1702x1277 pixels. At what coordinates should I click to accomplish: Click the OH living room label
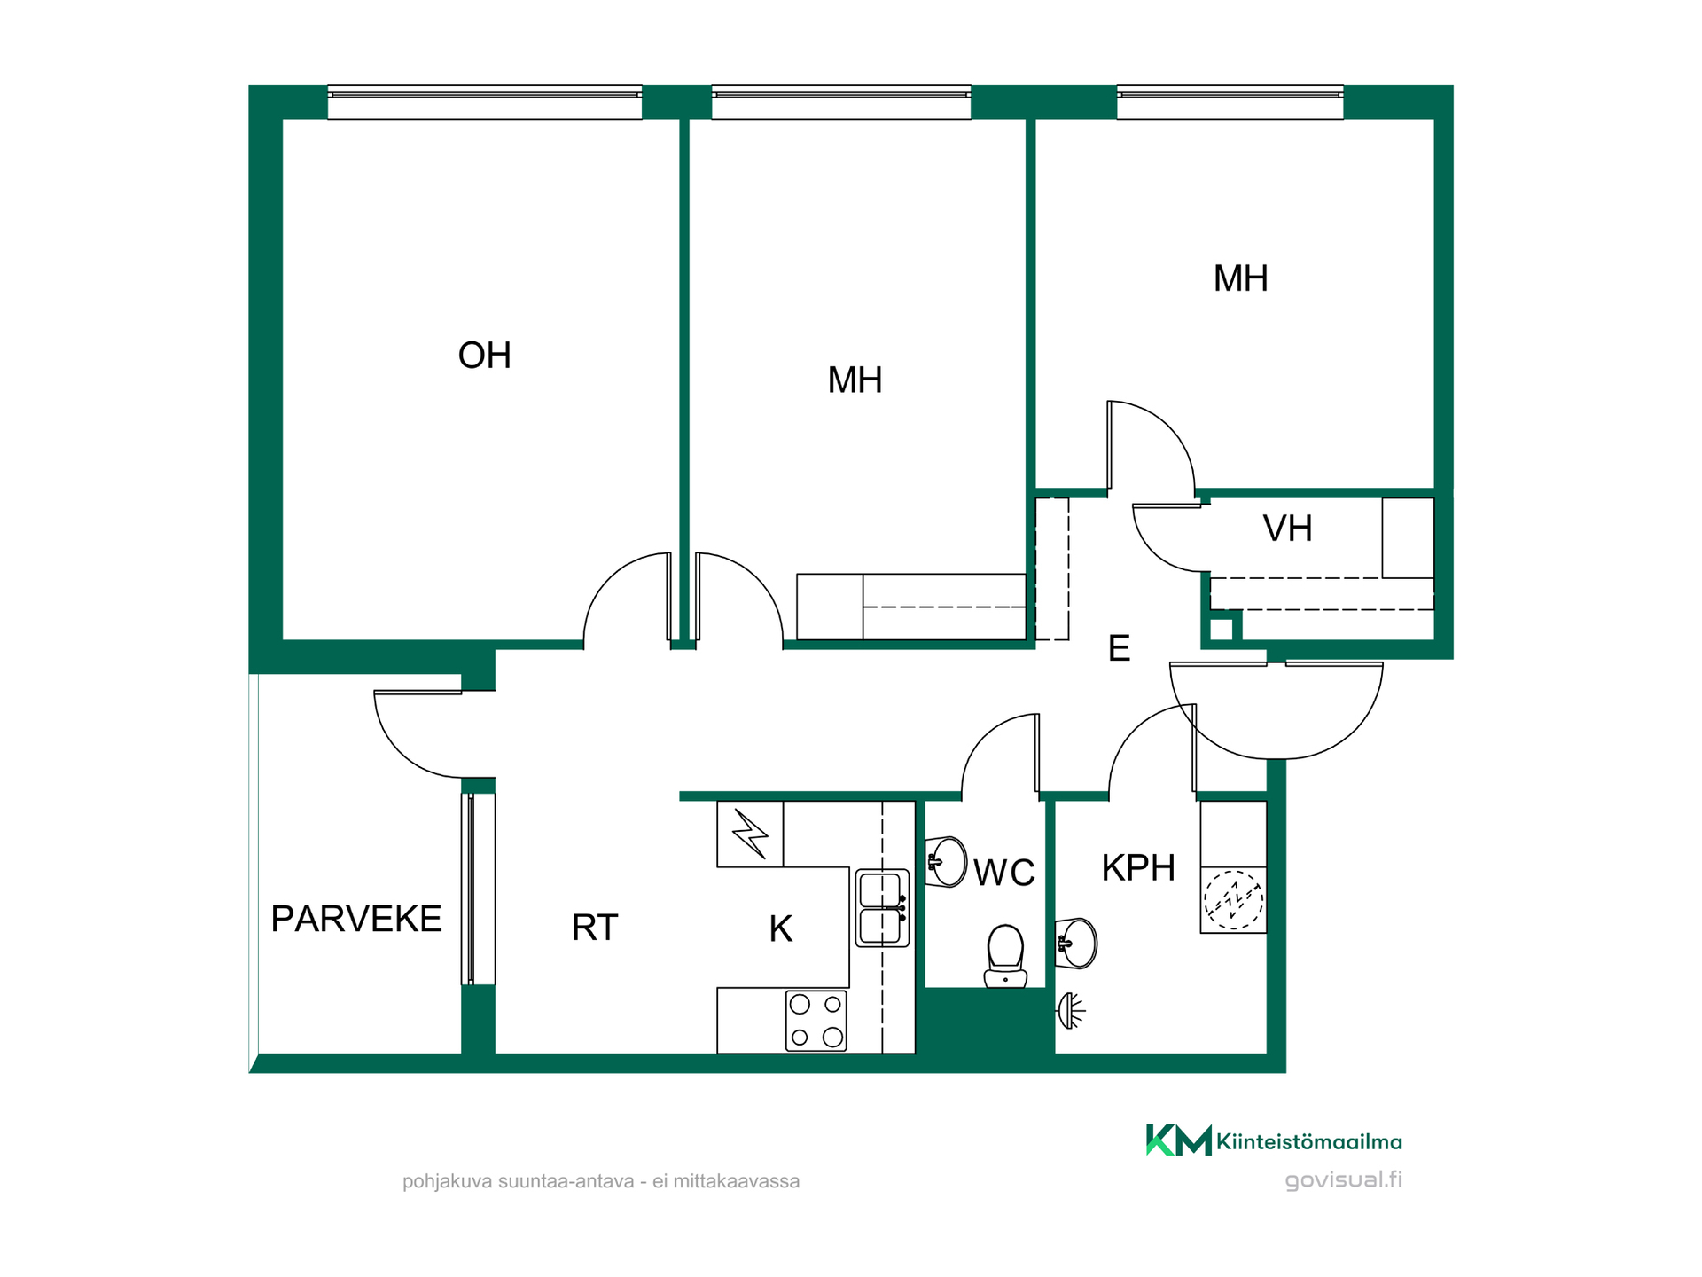[484, 356]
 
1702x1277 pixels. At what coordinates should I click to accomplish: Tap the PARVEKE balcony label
[356, 919]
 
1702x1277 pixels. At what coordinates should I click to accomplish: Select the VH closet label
[1287, 529]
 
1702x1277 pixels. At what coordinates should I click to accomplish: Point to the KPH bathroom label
[1138, 867]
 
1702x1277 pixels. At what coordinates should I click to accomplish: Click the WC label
[1004, 873]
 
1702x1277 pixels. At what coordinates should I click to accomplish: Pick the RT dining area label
[594, 928]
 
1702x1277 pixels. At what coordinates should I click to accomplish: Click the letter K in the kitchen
[780, 928]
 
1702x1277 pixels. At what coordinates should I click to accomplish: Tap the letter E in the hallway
[1119, 648]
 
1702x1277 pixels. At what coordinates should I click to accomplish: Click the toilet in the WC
[1005, 956]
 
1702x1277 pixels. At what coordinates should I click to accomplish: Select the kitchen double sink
[882, 907]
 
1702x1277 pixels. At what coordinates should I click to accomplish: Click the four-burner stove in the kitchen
[816, 1021]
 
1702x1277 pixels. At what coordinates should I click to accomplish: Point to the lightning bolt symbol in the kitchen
[750, 834]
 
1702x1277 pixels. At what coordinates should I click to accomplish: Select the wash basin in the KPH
[1075, 943]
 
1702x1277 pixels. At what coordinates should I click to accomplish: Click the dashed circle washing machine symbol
[1233, 899]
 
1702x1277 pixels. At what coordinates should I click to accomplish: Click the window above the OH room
[485, 102]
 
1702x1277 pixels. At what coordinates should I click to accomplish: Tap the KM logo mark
[1178, 1140]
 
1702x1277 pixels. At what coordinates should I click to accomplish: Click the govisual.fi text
[1343, 1180]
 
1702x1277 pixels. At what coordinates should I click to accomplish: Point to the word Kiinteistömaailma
[1309, 1141]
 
